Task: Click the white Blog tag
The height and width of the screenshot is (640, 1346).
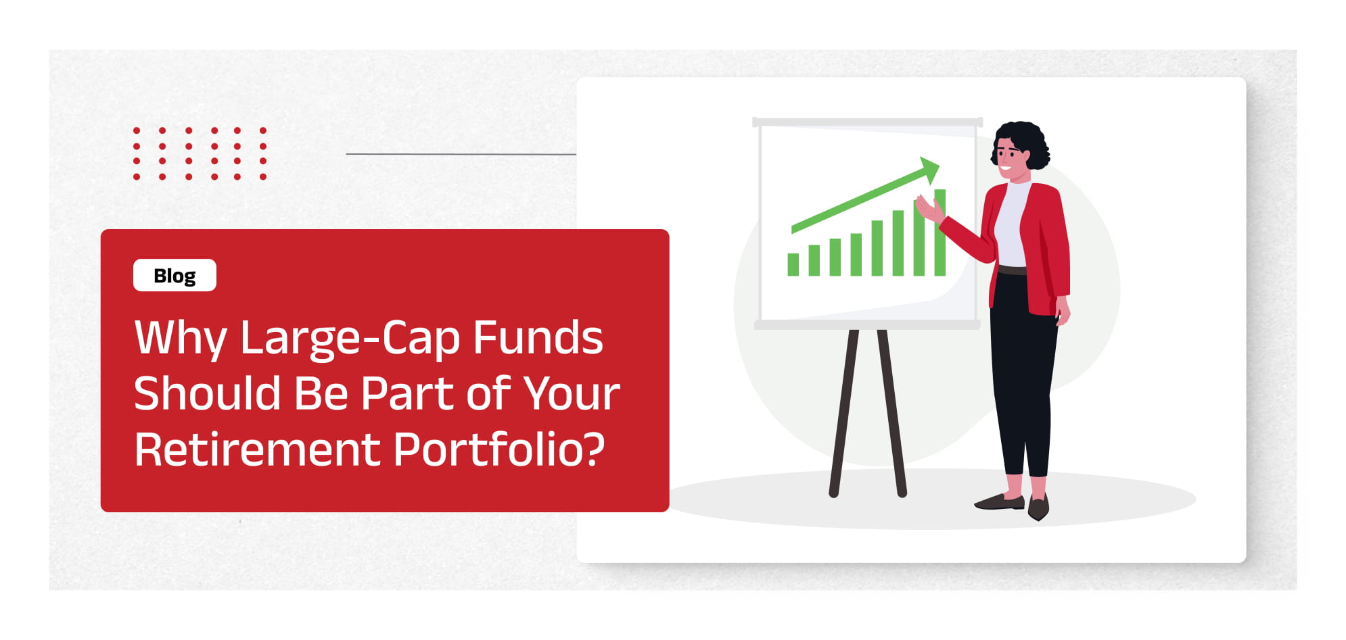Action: (175, 275)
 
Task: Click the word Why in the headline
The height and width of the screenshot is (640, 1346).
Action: (181, 338)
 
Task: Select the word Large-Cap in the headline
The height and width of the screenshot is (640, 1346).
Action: (350, 338)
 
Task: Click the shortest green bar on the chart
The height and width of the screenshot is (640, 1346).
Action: (793, 264)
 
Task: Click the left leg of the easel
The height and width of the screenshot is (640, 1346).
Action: (844, 413)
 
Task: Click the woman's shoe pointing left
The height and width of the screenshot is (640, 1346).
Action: (1000, 501)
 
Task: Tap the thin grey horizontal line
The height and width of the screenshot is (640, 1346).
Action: (461, 154)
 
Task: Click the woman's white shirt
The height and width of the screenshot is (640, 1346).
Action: (1011, 223)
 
